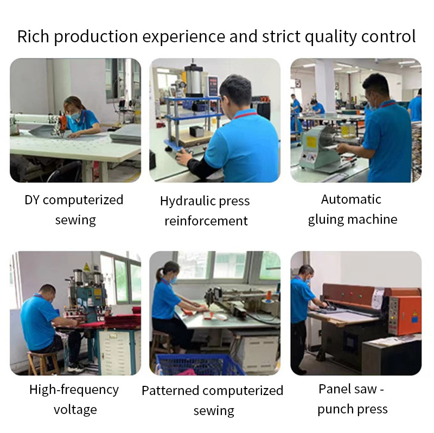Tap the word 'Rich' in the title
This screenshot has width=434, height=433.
[x=33, y=36]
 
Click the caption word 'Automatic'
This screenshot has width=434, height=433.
[x=351, y=199]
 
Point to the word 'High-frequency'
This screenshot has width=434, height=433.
[x=74, y=390]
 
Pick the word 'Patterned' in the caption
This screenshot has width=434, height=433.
[x=170, y=391]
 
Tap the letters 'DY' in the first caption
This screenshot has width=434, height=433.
[x=32, y=200]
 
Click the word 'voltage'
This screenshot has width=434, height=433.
[x=75, y=410]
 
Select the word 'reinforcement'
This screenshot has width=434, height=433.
[x=206, y=221]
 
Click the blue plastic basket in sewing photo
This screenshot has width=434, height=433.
[x=199, y=364]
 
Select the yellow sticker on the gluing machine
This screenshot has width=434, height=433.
[x=311, y=142]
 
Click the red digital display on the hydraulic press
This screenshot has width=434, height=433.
[x=213, y=82]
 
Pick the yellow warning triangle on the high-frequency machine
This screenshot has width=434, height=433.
[x=86, y=267]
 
